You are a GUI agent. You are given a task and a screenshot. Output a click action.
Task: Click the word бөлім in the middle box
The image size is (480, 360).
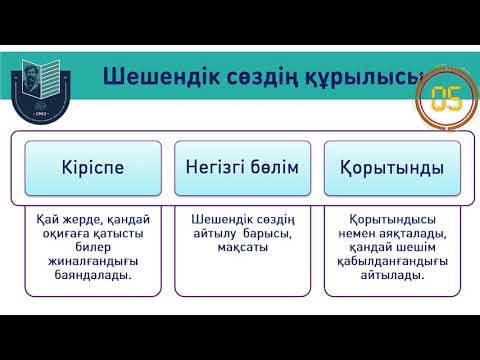[273, 167]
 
